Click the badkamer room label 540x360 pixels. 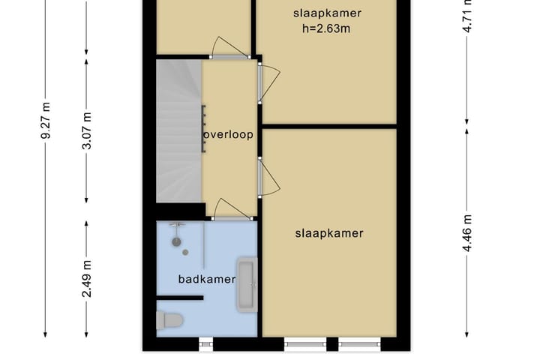pos(207,279)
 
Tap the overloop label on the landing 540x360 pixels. pos(228,135)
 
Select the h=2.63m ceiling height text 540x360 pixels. pos(327,29)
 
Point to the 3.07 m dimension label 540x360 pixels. pos(87,130)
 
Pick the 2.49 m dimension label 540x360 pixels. pos(87,277)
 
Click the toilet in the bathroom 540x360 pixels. pos(169,321)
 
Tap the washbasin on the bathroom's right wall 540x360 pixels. pos(247,283)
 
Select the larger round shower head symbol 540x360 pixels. pos(177,241)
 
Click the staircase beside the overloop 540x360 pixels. pos(178,131)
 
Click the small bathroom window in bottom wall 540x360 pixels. pos(206,344)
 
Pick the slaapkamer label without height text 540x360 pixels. pos(329,233)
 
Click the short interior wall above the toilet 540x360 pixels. pos(180,298)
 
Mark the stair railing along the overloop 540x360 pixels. pos(202,129)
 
